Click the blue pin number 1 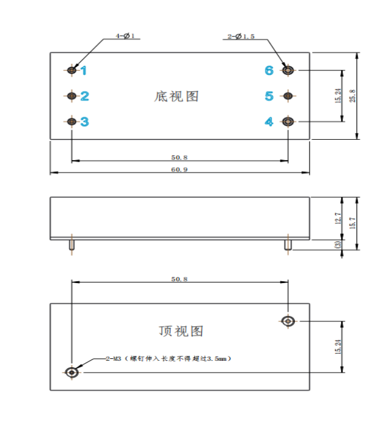[x=84, y=70]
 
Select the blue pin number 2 [x=85, y=96]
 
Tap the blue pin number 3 [x=85, y=122]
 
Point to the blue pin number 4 [x=269, y=122]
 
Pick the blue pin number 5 [x=269, y=96]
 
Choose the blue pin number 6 [x=269, y=70]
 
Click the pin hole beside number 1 [x=72, y=70]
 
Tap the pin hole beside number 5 [x=288, y=96]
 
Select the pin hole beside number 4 [x=288, y=122]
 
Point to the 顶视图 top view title [x=181, y=331]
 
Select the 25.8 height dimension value [x=353, y=96]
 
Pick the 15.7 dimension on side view [x=353, y=223]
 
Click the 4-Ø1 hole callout [x=125, y=36]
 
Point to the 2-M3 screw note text [x=168, y=359]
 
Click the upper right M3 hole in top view [x=288, y=321]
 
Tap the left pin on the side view [x=72, y=245]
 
